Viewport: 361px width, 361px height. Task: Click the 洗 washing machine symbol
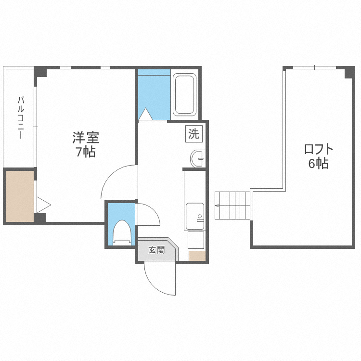tap(193, 133)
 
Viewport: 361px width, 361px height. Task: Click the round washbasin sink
tap(197, 158)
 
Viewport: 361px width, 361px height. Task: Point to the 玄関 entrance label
tap(156, 250)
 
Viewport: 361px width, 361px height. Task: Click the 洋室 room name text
tap(86, 138)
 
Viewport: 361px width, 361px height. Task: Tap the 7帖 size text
tap(85, 153)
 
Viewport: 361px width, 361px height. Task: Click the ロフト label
tap(319, 149)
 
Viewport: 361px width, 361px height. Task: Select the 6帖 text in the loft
tap(318, 164)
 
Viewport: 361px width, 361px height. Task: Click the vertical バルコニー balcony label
tap(21, 117)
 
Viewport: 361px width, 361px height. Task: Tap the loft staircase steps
tap(233, 205)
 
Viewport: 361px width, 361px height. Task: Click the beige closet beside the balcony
tap(19, 196)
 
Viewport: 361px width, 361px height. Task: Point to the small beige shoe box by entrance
tap(196, 256)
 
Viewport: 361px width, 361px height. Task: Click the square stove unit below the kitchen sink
tap(195, 240)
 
